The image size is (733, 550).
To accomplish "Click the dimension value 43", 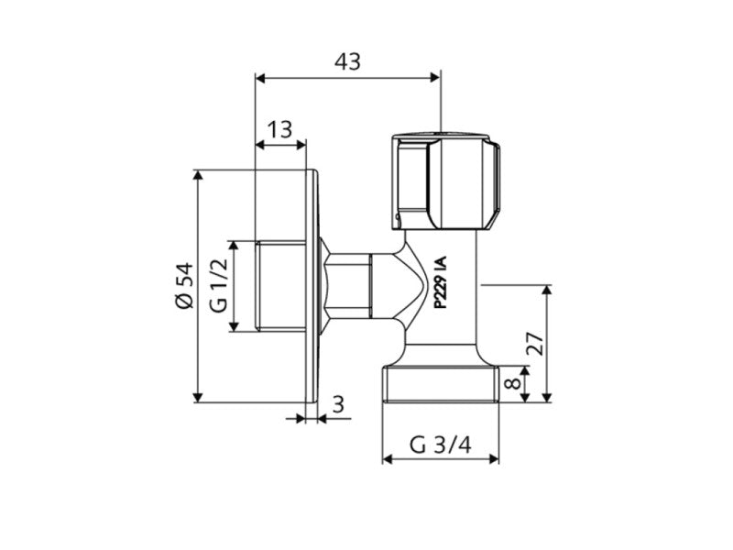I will coord(347,61).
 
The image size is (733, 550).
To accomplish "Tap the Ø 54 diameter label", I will coord(184,285).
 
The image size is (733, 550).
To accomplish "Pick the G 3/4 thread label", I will coord(440,446).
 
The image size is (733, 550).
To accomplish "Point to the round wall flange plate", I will coord(312,285).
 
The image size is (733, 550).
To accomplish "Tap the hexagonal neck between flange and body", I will coord(348,285).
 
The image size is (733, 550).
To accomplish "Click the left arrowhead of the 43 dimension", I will coord(259,77).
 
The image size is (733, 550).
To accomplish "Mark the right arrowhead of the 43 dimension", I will coord(436,77).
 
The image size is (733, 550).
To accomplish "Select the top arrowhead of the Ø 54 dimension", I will coord(198,174).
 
